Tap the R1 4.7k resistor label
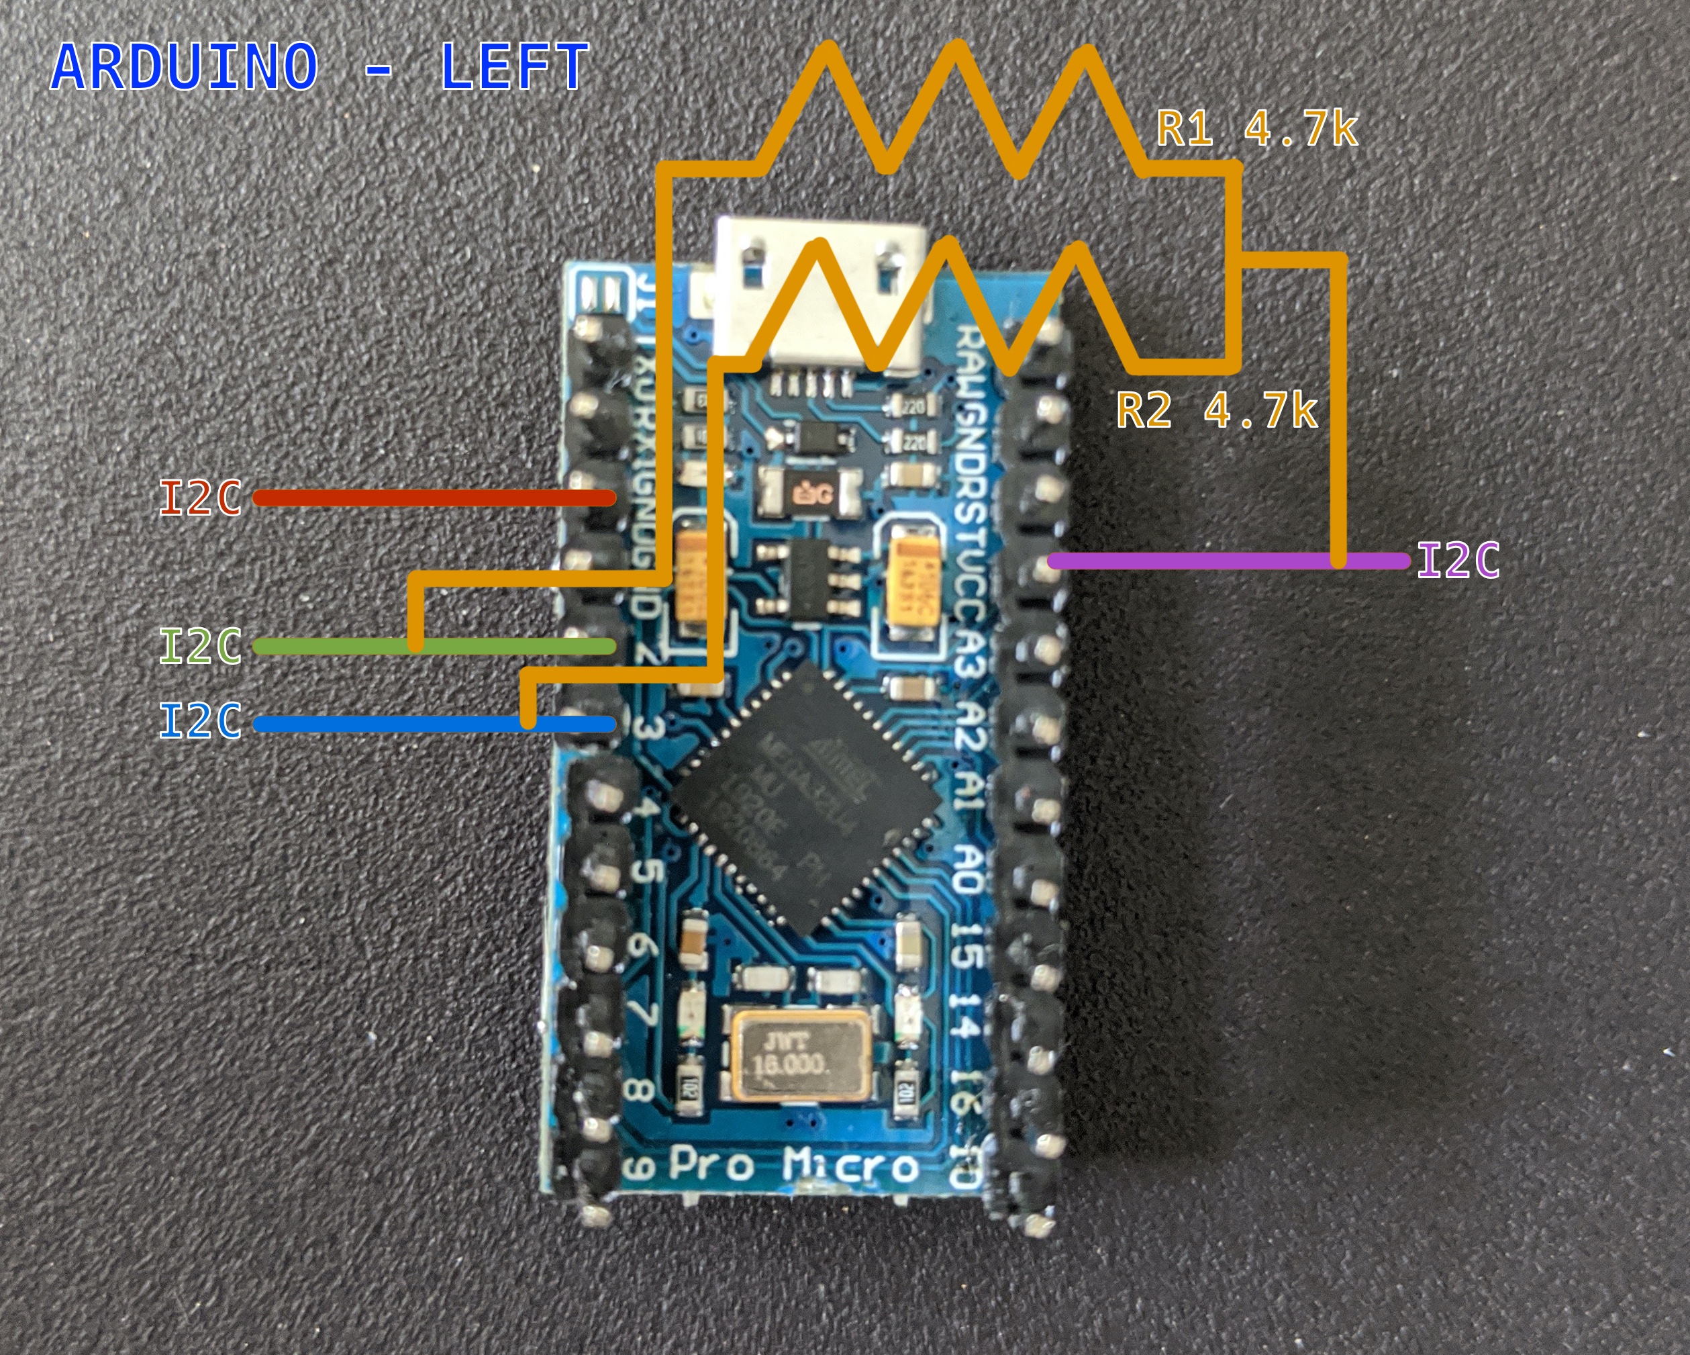1256,130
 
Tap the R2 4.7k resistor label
1217,410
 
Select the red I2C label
200,499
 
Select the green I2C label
200,647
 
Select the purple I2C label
1458,561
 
